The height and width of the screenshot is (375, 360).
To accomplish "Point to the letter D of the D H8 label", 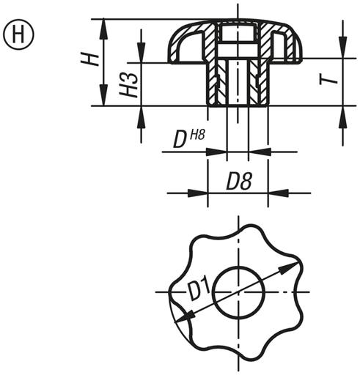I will (179, 141).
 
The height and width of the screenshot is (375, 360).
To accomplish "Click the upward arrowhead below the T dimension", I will (342, 111).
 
